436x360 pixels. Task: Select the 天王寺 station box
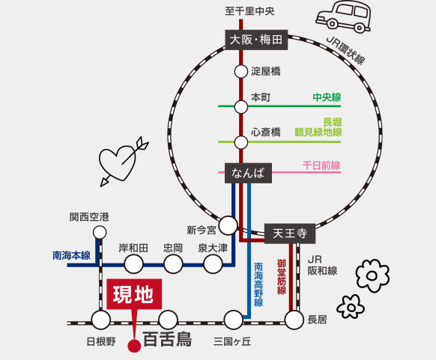[x=289, y=234]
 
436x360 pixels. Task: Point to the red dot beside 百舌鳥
[x=133, y=346]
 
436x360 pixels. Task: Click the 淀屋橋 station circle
[x=240, y=72]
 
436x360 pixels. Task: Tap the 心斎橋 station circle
[x=240, y=141]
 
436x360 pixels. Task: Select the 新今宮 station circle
[x=228, y=225]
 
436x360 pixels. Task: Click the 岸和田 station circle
[x=134, y=263]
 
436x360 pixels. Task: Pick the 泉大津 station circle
[x=214, y=263]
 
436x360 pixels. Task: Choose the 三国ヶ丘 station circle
[x=234, y=320]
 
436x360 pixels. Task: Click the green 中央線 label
[x=327, y=97]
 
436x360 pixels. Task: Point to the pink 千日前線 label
[x=321, y=165]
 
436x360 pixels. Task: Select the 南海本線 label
[x=71, y=255]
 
